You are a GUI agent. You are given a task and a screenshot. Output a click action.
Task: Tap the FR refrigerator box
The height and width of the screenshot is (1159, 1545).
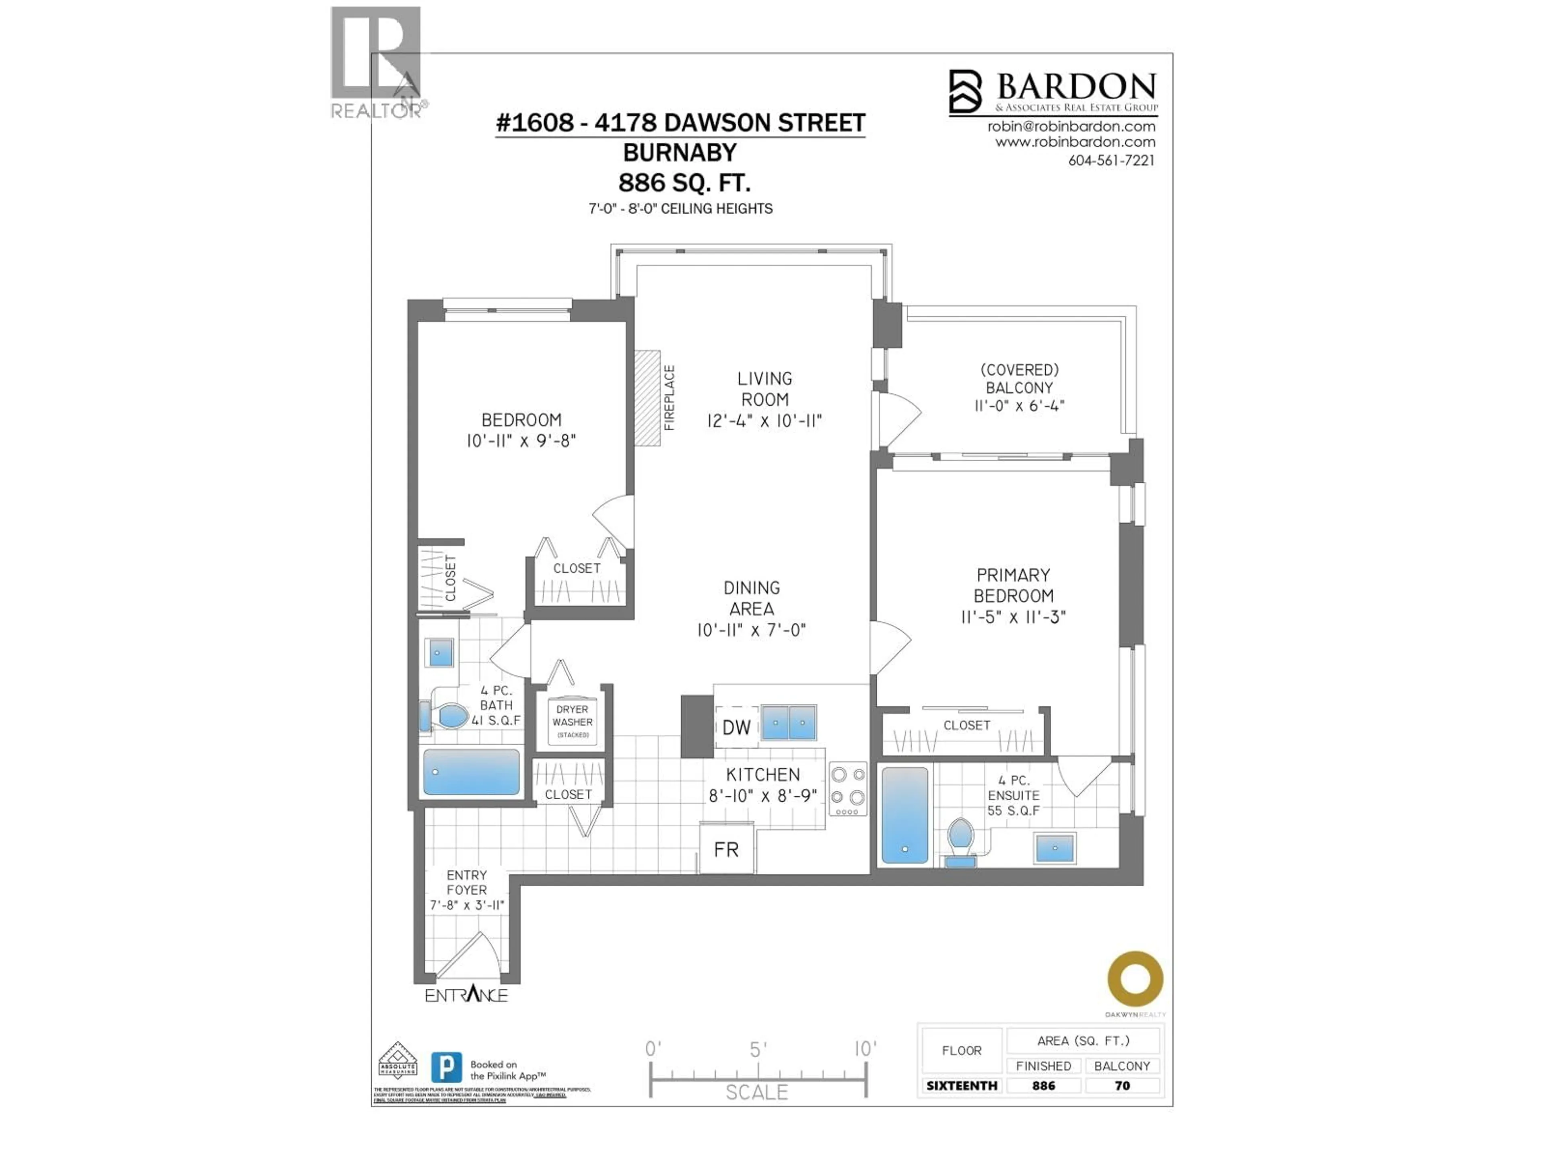[726, 849]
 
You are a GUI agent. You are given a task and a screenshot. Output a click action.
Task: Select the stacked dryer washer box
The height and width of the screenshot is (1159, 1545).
[572, 722]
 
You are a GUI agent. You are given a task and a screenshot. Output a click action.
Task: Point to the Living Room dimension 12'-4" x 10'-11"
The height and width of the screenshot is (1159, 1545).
[764, 421]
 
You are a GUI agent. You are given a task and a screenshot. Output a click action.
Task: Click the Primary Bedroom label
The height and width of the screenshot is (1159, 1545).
[1013, 586]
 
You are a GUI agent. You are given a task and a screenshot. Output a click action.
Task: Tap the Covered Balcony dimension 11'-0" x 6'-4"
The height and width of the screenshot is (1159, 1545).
[1019, 405]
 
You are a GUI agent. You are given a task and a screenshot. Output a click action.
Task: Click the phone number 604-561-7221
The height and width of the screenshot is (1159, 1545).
[1110, 161]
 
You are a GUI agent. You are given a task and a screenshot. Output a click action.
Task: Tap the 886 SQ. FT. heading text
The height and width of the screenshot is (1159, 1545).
[684, 183]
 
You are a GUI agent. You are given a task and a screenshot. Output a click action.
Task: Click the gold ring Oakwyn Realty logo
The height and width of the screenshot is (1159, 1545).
[1135, 978]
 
